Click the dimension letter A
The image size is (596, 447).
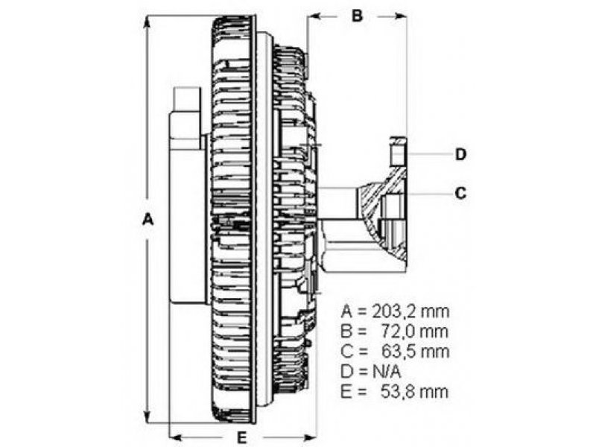[x=148, y=220]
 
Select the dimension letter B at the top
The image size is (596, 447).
[x=357, y=16]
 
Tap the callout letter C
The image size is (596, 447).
[x=460, y=193]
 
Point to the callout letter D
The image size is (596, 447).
[x=460, y=154]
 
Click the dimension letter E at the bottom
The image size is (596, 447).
[x=241, y=438]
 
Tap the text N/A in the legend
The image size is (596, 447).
[x=386, y=371]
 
